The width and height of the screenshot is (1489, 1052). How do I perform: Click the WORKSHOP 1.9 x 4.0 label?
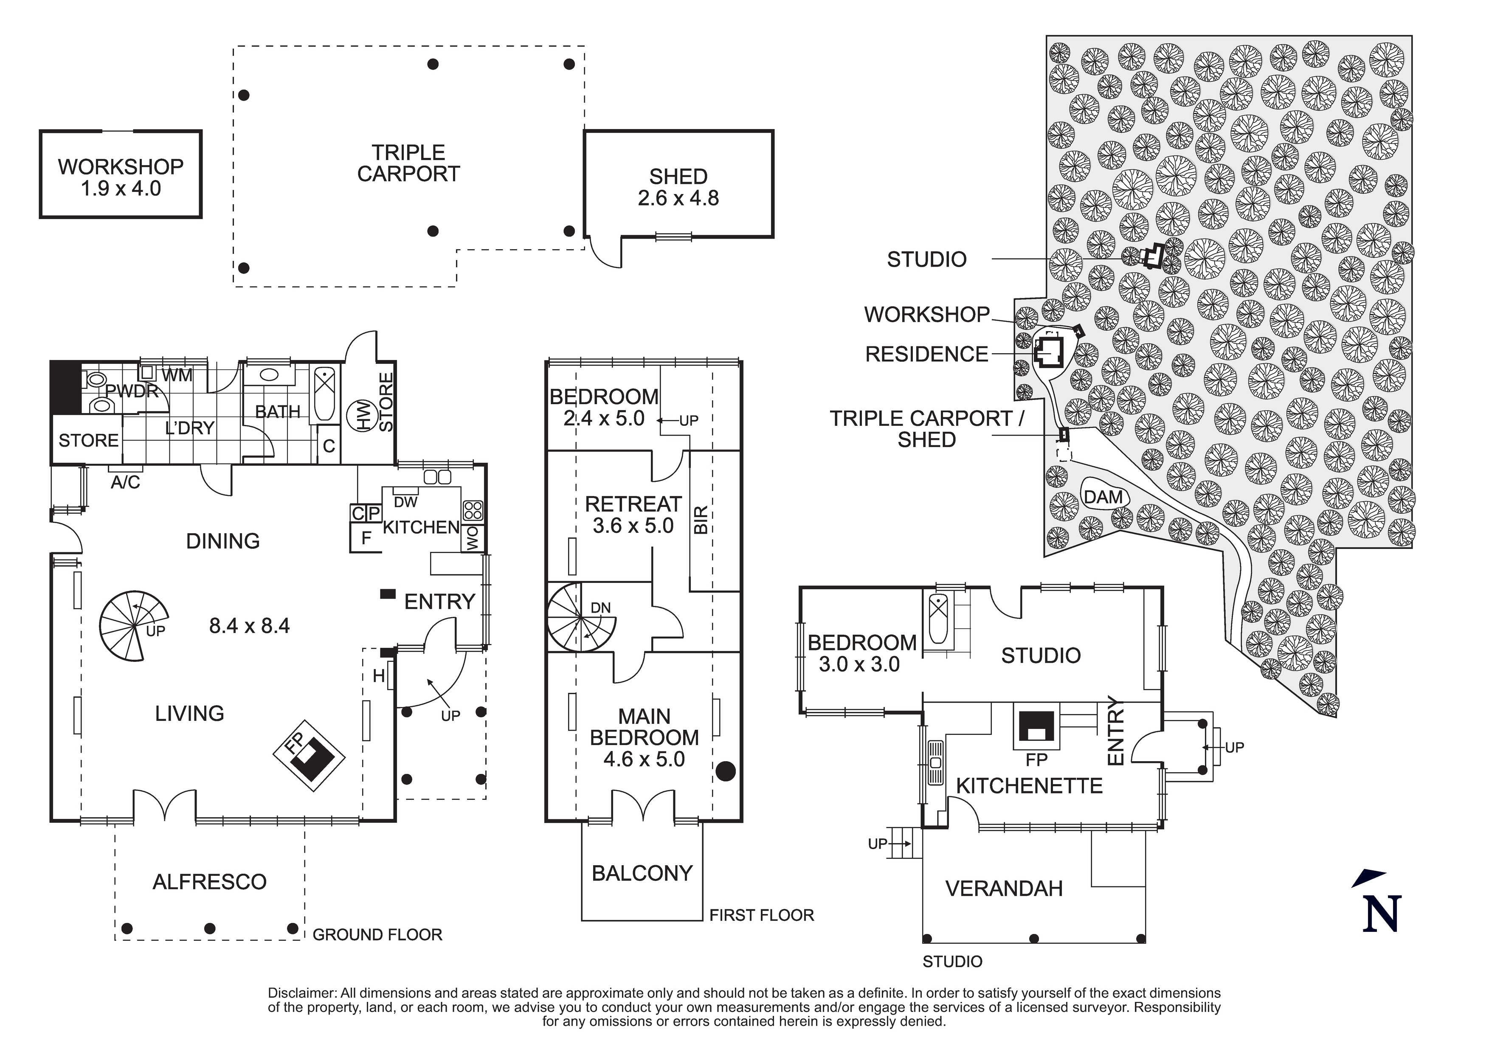[121, 177]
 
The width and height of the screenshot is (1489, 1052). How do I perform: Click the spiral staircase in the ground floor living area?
[134, 625]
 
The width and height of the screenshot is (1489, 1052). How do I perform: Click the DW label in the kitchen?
[405, 502]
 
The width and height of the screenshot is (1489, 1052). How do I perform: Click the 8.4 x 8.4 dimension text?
[249, 625]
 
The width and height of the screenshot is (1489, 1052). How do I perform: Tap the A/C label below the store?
[125, 482]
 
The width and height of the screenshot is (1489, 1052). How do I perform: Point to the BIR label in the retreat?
[701, 520]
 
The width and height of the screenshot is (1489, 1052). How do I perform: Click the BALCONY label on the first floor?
[642, 873]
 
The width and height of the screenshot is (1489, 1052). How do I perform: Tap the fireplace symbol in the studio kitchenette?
[1036, 726]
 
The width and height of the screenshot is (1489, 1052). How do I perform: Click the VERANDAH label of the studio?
[1004, 888]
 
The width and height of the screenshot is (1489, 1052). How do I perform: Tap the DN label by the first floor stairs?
[600, 608]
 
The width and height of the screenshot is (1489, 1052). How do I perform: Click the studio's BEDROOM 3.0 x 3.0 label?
[861, 653]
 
